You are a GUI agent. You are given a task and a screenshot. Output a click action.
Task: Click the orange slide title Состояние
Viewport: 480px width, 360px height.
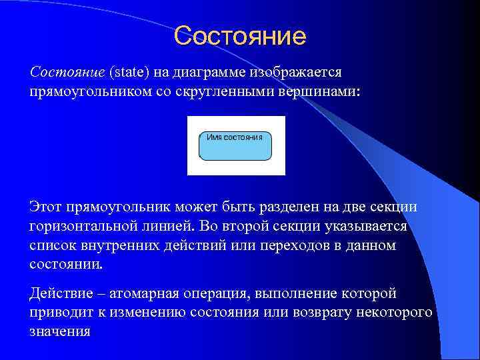point(240,36)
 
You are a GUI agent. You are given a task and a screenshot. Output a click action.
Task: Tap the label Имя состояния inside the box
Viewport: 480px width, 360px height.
point(235,137)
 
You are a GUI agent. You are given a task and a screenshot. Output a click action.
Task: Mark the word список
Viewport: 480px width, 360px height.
point(54,245)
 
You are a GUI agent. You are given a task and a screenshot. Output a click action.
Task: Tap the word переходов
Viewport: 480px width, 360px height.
point(295,245)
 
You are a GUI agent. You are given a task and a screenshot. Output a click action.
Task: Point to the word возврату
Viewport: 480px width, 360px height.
point(309,312)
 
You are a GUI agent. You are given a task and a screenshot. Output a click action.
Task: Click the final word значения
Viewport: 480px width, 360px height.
point(60,331)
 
